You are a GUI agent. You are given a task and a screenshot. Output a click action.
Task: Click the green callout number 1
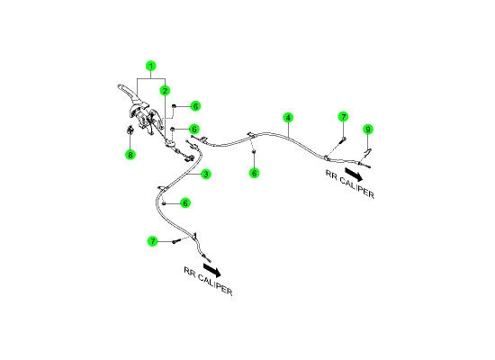(x=151, y=66)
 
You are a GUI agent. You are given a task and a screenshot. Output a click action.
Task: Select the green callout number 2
(x=165, y=91)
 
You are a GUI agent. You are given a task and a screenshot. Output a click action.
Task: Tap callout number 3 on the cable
(x=206, y=174)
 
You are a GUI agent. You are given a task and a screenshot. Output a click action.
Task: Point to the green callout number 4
(x=288, y=118)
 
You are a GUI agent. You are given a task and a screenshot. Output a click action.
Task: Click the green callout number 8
(x=130, y=155)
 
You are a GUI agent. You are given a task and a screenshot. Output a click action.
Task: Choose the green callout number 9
(x=368, y=130)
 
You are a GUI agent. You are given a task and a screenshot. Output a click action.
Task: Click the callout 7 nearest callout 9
(x=343, y=117)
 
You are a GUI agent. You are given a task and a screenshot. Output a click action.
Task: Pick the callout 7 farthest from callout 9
(x=153, y=241)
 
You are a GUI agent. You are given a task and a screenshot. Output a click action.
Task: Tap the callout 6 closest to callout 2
(x=195, y=106)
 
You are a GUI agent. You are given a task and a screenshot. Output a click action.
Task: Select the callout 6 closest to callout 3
(x=185, y=203)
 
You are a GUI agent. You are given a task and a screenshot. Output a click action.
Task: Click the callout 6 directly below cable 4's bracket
(x=254, y=173)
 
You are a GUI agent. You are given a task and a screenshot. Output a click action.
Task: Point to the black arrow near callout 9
(x=354, y=174)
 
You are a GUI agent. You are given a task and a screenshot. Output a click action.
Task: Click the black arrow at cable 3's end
(x=211, y=270)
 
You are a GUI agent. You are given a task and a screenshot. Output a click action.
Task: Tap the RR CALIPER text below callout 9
(x=350, y=184)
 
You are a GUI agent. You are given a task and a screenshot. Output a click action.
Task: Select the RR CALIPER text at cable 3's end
(x=208, y=281)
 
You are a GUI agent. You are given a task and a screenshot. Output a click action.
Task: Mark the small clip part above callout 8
(x=130, y=130)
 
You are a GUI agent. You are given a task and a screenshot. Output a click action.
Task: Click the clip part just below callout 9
(x=367, y=153)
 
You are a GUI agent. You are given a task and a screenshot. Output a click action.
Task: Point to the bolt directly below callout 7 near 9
(x=343, y=140)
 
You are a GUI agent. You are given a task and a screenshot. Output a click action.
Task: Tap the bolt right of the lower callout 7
(x=175, y=241)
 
